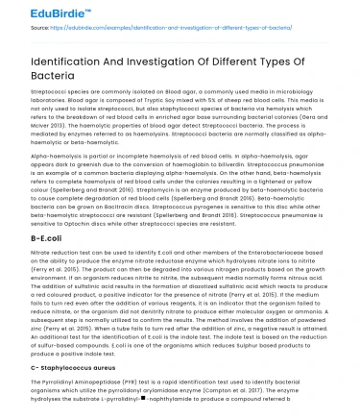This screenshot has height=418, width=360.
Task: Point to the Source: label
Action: pos(16,31)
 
